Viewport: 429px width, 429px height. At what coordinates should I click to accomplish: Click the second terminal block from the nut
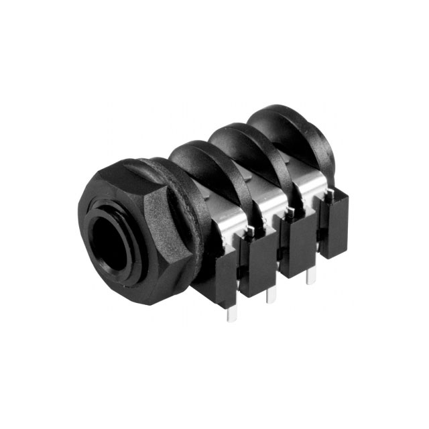click(x=257, y=265)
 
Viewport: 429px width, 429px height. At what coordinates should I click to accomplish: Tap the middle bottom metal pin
click(x=270, y=294)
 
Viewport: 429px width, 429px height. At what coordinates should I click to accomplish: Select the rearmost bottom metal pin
click(x=310, y=274)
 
